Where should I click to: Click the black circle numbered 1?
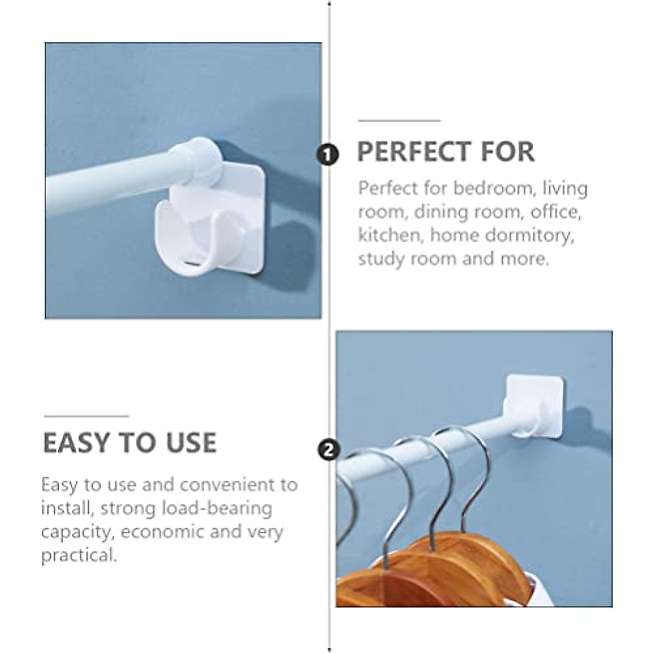(x=328, y=155)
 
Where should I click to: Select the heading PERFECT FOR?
(x=446, y=152)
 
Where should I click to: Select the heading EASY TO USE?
(x=130, y=442)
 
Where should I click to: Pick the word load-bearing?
(x=217, y=508)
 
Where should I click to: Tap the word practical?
(x=79, y=555)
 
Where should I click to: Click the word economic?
(x=163, y=532)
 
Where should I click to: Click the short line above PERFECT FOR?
(x=399, y=120)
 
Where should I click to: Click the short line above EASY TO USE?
(x=86, y=416)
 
